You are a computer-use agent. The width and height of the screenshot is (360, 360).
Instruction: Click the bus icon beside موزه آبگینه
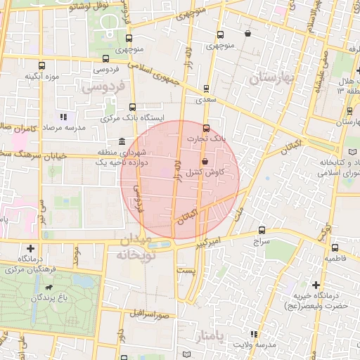(41, 65)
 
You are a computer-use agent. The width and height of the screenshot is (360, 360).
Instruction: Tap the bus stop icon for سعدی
(206, 89)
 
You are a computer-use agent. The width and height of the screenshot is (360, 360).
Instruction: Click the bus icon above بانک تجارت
(206, 128)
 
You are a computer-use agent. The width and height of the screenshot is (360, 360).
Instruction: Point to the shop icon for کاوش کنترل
(205, 161)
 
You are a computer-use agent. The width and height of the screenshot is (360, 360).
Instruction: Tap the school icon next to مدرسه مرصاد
(64, 117)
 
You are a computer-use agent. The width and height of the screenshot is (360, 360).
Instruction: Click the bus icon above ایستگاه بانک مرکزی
(132, 107)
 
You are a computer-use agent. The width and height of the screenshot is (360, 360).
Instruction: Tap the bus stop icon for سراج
(262, 230)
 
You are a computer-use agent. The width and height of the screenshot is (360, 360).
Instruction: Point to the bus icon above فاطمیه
(335, 247)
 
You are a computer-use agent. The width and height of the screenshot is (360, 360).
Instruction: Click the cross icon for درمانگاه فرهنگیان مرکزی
(30, 248)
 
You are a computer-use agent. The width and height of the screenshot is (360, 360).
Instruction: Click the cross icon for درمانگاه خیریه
(316, 285)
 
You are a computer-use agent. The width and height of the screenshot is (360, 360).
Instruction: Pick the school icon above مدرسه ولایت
(253, 334)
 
